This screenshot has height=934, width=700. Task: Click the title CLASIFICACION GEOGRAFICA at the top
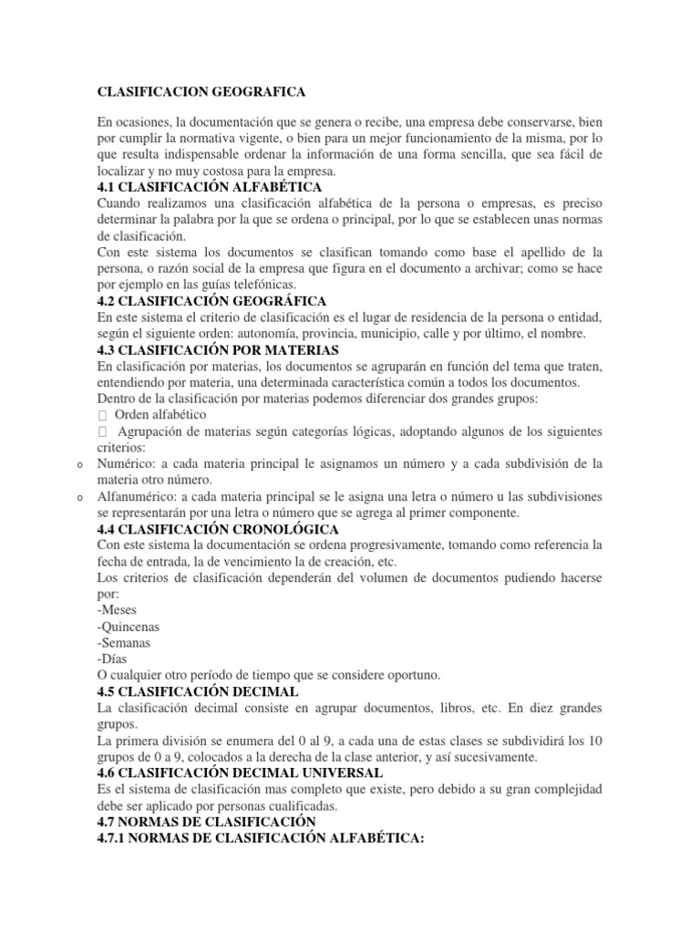[201, 92]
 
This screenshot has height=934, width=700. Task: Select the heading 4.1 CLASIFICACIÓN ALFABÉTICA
[210, 186]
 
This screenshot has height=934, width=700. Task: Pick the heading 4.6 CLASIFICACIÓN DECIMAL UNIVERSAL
[233, 773]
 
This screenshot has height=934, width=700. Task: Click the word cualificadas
[298, 806]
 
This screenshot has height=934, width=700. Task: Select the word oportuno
[410, 676]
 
